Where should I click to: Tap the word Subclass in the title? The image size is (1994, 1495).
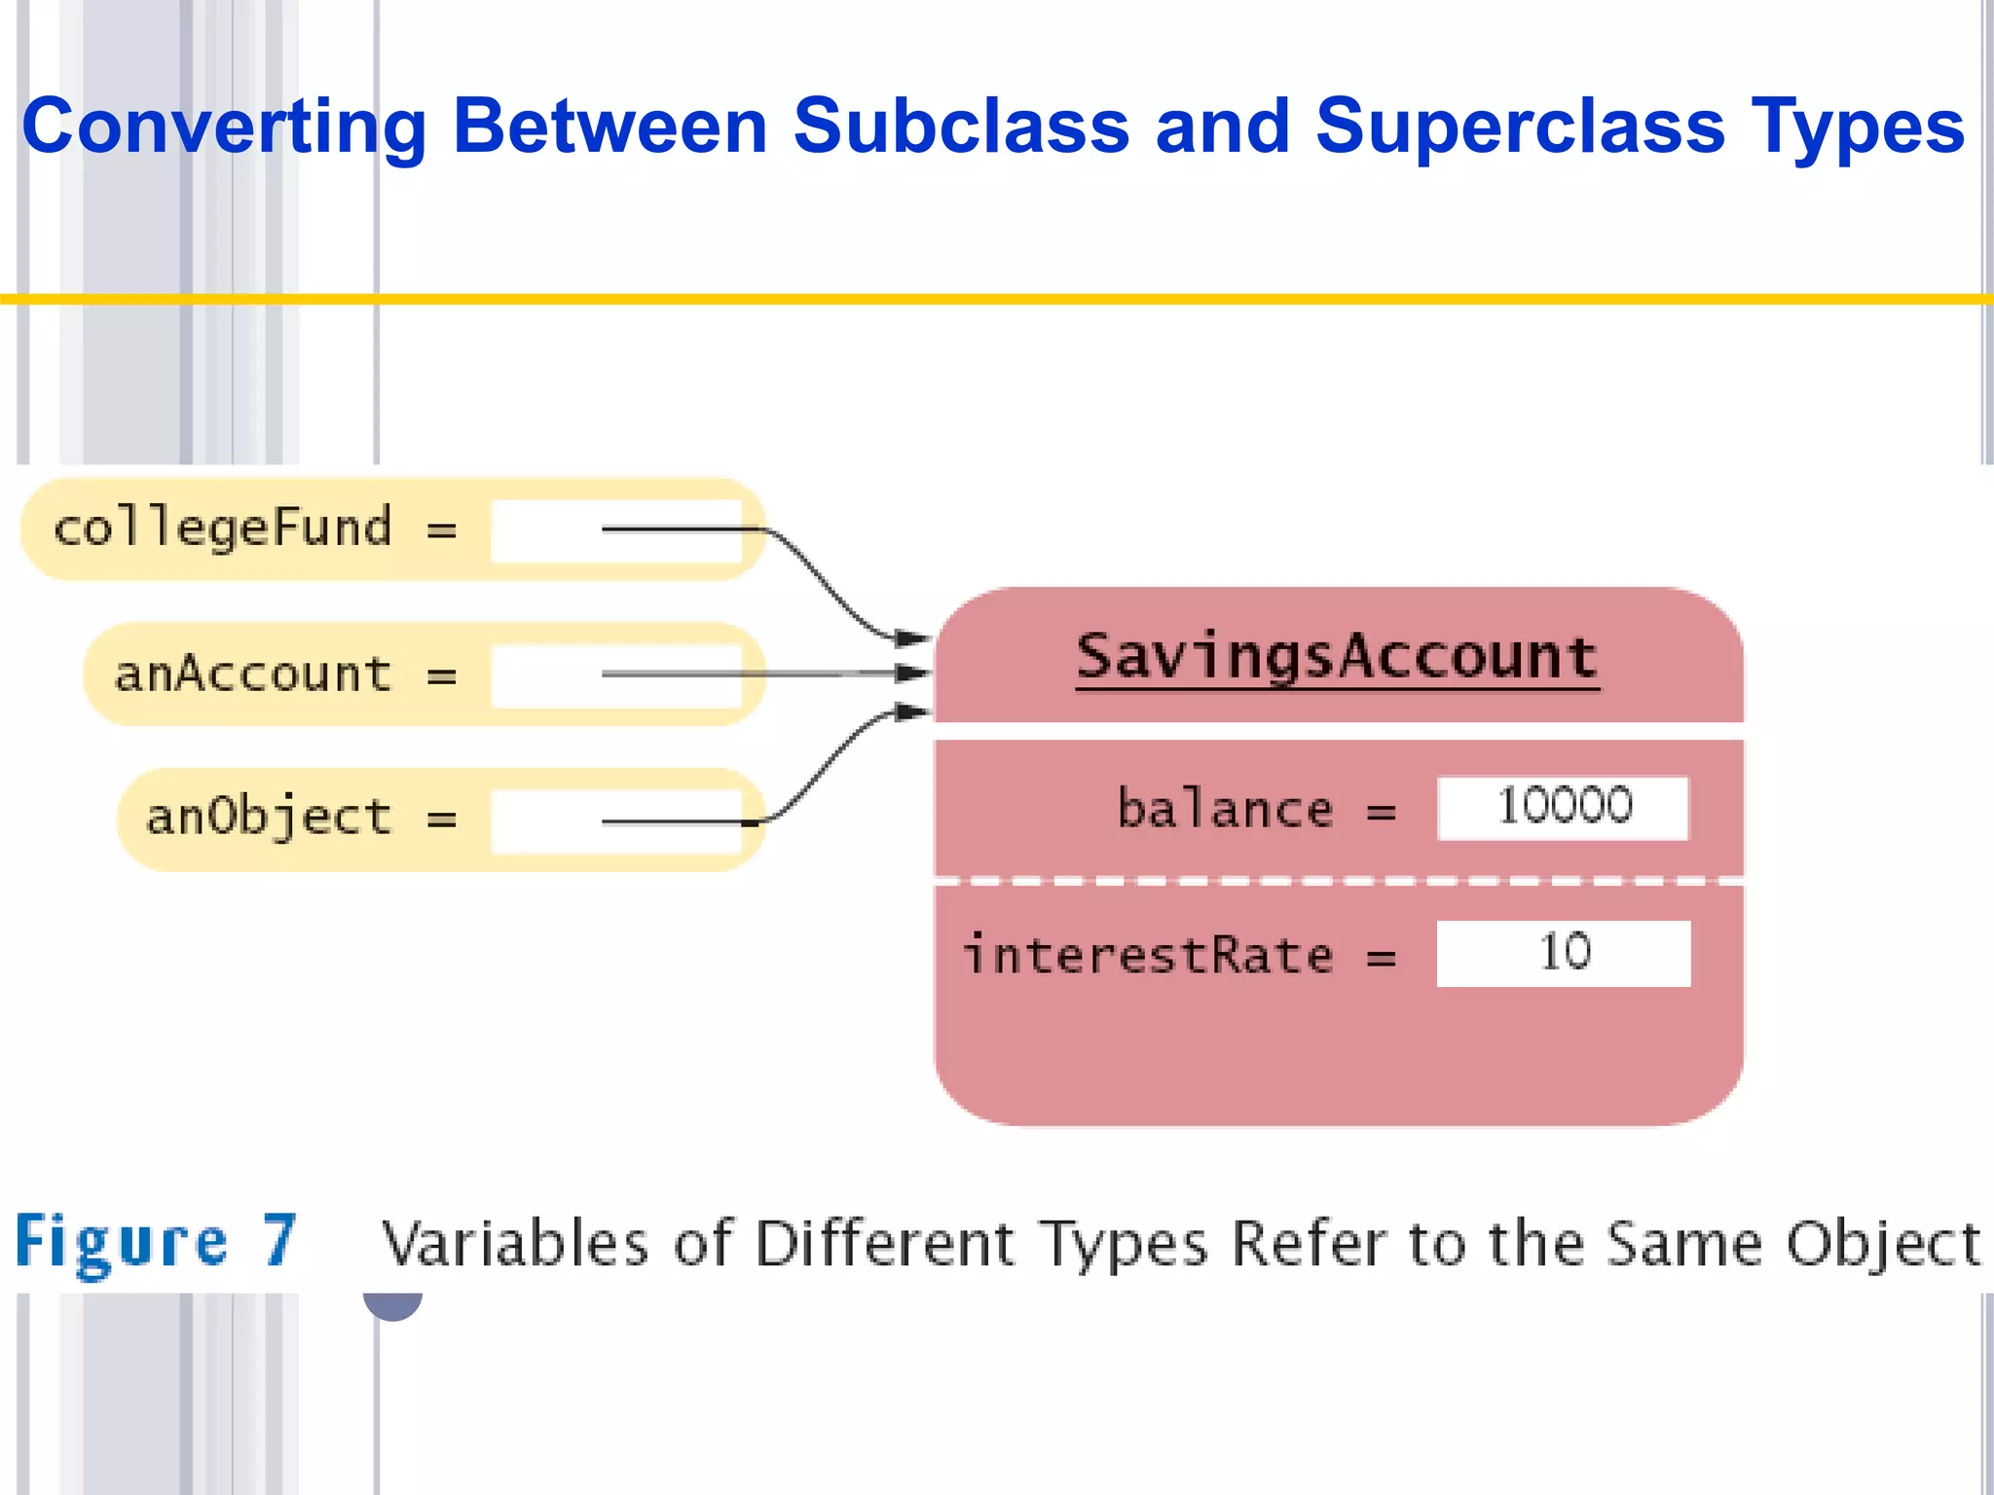click(960, 127)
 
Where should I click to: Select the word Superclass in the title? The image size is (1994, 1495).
click(1519, 127)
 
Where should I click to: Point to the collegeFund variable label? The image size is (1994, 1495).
click(222, 529)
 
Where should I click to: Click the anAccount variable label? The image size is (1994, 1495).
click(253, 674)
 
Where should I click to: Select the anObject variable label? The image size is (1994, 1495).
click(269, 818)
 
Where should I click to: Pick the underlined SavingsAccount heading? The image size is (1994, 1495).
click(1337, 657)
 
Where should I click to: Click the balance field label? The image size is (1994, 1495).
click(1224, 809)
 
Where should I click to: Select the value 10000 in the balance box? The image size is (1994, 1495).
click(1564, 807)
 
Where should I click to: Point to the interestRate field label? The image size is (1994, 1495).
click(1147, 955)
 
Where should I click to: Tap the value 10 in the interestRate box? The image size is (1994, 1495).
click(1564, 952)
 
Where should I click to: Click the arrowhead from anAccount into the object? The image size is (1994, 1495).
click(913, 673)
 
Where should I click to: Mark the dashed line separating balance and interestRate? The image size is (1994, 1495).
click(1339, 881)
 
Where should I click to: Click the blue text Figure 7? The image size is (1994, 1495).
click(156, 1242)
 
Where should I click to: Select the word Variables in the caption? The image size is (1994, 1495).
click(514, 1244)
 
